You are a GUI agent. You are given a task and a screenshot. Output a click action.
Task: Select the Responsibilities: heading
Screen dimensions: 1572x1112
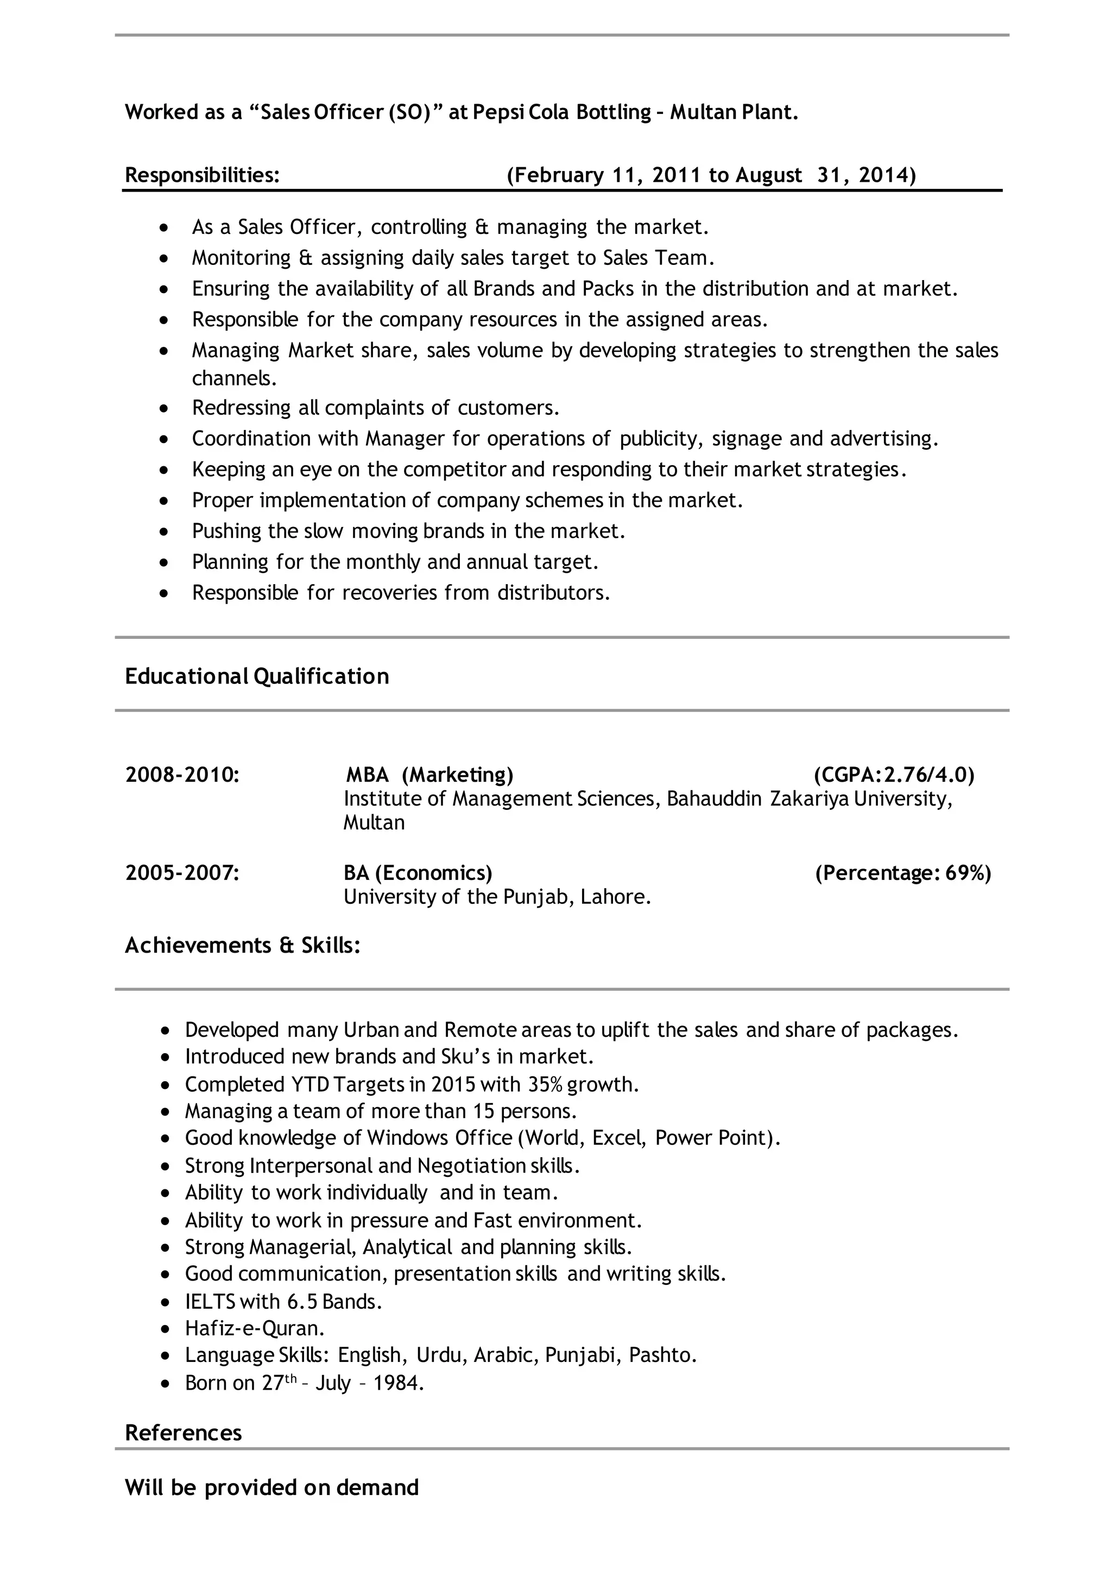(x=202, y=175)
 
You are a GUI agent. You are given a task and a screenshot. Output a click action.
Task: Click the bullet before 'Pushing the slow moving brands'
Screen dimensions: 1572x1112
(x=163, y=532)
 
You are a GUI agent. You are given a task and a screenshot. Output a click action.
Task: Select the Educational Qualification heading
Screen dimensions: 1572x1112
(x=257, y=676)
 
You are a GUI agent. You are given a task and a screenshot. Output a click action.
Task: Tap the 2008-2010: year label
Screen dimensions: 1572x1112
(x=182, y=775)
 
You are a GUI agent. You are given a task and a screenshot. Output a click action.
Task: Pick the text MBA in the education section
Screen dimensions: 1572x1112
(x=367, y=775)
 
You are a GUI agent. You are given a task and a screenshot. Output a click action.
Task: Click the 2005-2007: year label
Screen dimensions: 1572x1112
(x=182, y=873)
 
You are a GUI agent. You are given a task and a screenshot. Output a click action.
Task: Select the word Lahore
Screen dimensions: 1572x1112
(x=615, y=897)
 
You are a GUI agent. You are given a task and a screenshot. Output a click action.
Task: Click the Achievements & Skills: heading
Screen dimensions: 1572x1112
(x=242, y=946)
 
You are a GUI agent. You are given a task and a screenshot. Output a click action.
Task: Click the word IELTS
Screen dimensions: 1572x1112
(x=210, y=1302)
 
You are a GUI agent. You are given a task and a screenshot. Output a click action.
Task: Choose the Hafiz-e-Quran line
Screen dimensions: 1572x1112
(x=254, y=1329)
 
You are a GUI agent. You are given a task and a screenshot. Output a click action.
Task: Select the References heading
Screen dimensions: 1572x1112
(x=184, y=1433)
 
